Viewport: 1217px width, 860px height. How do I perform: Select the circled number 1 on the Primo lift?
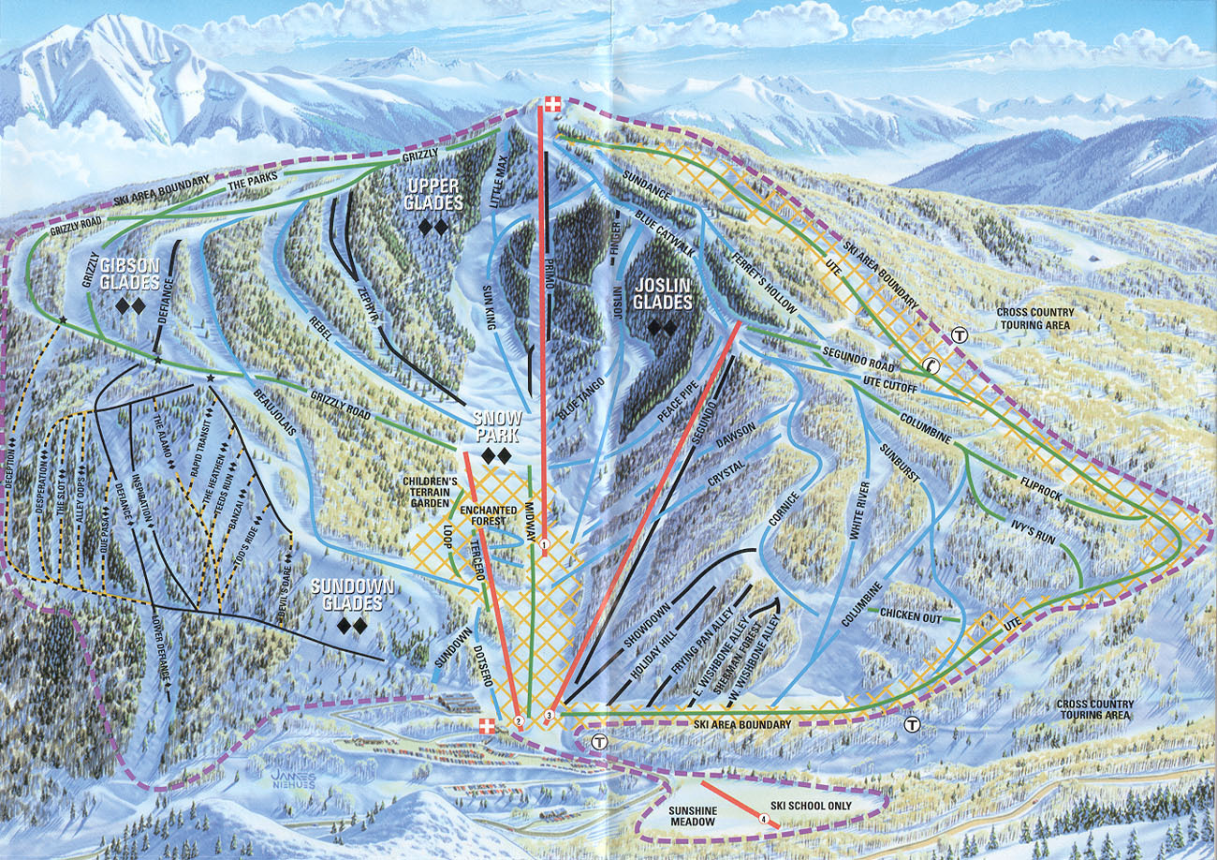click(x=544, y=544)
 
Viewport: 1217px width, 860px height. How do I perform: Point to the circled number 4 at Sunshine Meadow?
click(x=765, y=818)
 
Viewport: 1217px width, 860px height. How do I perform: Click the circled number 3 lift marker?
click(x=549, y=717)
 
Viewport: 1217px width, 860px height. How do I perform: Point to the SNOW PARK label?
click(x=496, y=425)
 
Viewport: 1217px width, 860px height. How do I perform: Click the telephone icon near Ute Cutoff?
click(x=931, y=366)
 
